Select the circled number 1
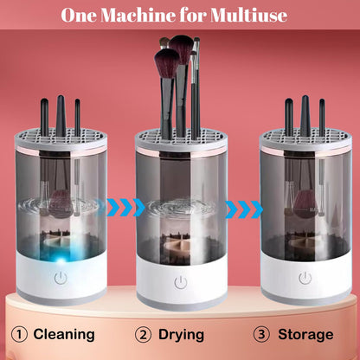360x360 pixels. [18, 334]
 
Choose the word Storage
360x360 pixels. [305, 334]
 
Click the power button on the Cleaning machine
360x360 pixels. [61, 280]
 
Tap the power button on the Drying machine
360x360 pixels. [179, 281]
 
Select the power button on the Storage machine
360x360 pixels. [304, 280]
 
